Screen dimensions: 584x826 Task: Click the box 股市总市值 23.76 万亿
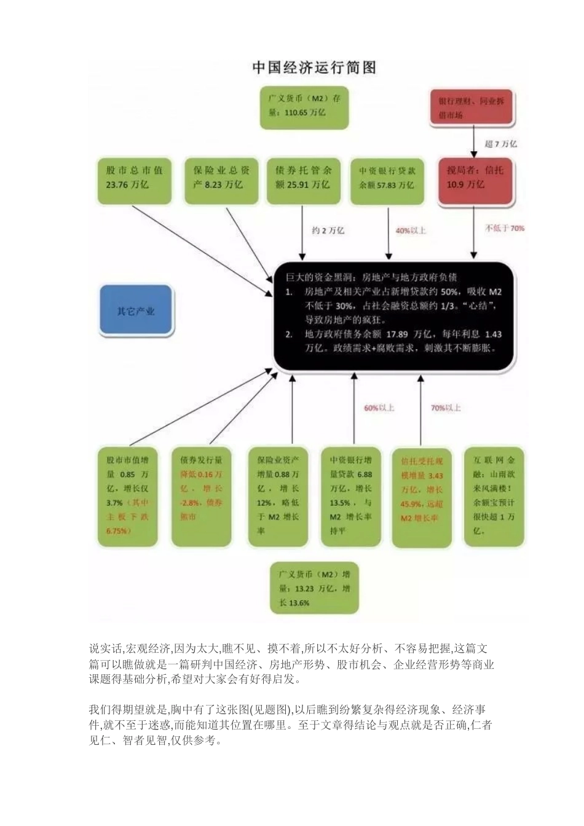[x=134, y=181]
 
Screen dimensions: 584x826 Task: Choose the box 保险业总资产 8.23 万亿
[x=221, y=181]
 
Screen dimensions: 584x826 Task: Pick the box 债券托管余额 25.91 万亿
[x=303, y=181]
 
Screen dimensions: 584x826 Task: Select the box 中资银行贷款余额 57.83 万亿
[x=387, y=181]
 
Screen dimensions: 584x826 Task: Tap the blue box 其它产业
[x=136, y=311]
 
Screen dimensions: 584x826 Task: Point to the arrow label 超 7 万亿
[x=500, y=144]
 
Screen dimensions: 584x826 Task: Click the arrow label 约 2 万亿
[x=328, y=230]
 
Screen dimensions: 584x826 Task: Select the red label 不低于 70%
[x=505, y=228]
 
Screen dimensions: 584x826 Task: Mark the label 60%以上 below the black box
[x=379, y=408]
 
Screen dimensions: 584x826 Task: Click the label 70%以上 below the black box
[x=446, y=408]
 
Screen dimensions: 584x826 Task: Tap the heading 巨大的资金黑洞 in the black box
[x=371, y=277]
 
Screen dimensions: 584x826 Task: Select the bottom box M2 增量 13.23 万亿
[x=314, y=588]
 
